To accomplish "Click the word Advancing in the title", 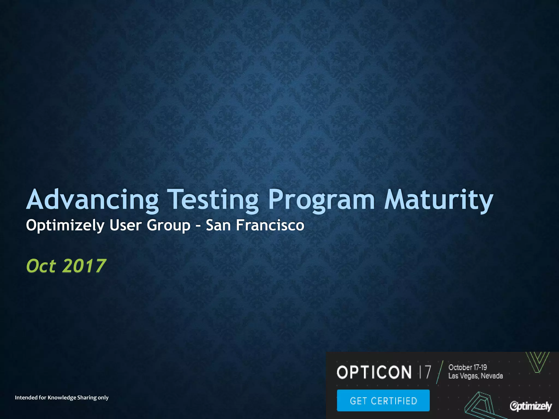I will point(92,200).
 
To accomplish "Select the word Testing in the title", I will point(213,200).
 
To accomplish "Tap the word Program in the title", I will point(322,200).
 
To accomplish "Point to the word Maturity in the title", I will point(438,200).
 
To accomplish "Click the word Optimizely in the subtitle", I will point(65,226).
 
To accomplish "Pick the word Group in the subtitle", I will point(168,226).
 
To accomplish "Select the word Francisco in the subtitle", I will point(270,225).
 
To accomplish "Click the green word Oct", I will point(41,266).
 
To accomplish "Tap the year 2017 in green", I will point(84,266).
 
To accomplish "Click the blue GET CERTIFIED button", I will point(383,400).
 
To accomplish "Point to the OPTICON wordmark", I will point(374,372).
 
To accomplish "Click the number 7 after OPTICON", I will point(428,372).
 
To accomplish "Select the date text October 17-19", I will point(468,367).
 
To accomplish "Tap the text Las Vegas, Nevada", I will point(475,376).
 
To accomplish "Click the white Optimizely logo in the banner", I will point(531,406).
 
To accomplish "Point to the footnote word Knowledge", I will point(62,397).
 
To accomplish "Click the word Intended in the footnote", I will point(26,397).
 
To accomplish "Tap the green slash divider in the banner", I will point(440,372).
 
